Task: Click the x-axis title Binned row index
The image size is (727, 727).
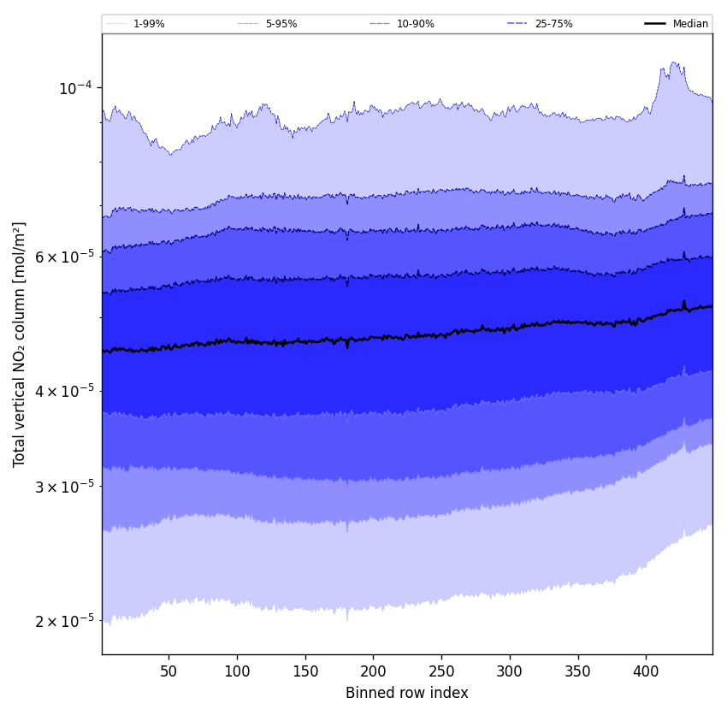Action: (407, 693)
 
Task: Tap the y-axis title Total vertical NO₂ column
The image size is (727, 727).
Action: (20, 344)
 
